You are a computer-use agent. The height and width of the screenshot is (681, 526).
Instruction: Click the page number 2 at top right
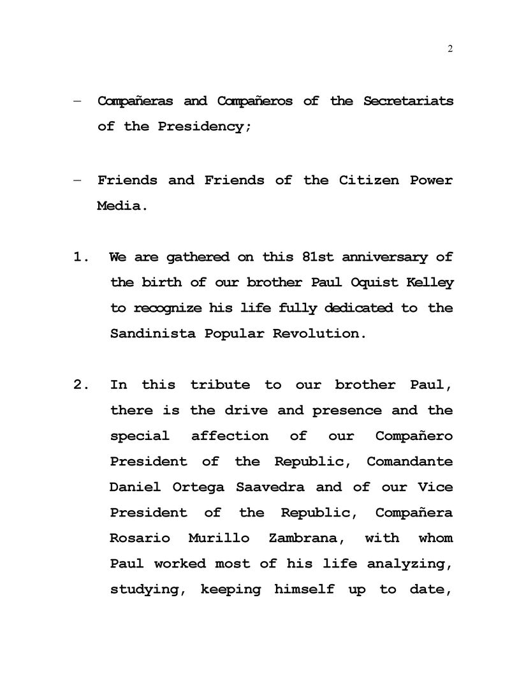click(450, 50)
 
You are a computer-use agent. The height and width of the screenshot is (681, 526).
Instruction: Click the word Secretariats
click(408, 101)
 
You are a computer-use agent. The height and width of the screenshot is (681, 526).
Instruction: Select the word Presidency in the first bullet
click(200, 127)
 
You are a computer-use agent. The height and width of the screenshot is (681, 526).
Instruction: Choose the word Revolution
click(320, 334)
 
